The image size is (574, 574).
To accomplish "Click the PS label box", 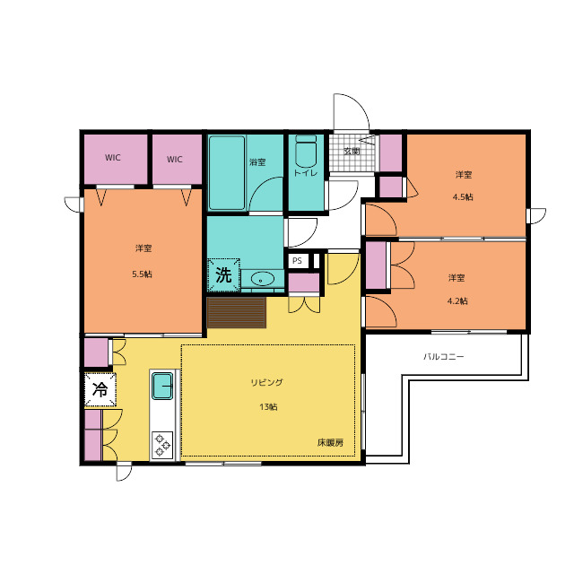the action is coord(297,261).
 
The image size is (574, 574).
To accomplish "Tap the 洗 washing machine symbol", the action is coord(223,275).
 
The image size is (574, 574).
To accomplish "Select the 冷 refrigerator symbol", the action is coord(100,389).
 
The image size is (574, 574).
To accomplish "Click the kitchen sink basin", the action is coord(162,386).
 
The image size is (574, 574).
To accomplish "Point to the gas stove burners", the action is coord(162,445).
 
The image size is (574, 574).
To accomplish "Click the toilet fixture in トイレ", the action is coord(306,151).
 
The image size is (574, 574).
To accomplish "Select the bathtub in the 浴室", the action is coord(227,173).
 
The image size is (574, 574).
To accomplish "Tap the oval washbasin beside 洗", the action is coord(262,279).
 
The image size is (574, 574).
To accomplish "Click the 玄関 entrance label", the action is coord(352,151).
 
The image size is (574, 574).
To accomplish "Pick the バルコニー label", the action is coord(444,356).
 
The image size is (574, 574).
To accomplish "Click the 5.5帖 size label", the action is coord(142,274).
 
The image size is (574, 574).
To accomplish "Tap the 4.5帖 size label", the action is coord(463,197).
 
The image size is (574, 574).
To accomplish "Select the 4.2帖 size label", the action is coord(457,301).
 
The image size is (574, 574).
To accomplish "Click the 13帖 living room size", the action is coord(268,406).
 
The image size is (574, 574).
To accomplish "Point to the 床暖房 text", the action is coord(331,442).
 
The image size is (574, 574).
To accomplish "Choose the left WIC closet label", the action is coord(113,158).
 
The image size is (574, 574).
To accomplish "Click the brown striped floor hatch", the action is coord(237,313).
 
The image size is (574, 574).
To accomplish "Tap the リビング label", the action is coord(267,383).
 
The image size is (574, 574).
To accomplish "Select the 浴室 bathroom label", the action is coord(257,161).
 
